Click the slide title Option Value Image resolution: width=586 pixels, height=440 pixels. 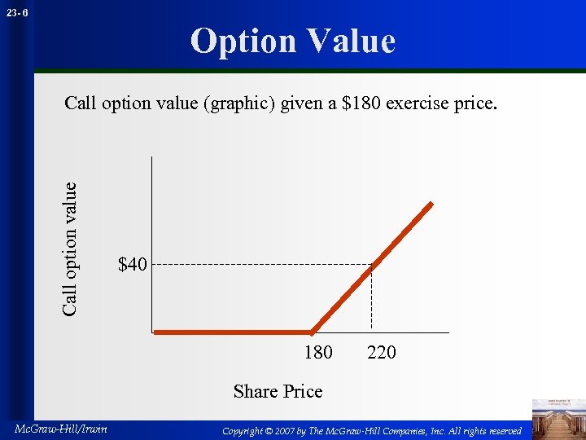point(292,41)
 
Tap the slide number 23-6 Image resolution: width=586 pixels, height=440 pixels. point(19,13)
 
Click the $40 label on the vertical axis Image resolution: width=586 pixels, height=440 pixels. point(133,265)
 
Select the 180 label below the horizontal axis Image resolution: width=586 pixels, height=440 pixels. point(317,352)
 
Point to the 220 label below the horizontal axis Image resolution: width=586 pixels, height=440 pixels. point(381,352)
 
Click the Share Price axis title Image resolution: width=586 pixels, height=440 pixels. point(278,391)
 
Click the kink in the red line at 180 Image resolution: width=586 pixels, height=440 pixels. point(312,332)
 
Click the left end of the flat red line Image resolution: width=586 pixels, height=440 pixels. point(156,332)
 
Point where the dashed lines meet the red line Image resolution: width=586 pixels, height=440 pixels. point(371,264)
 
